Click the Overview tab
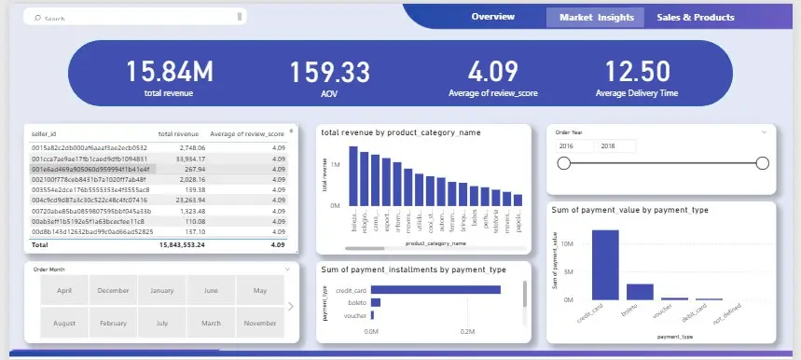point(492,17)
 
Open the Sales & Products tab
point(695,17)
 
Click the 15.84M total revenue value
point(170,72)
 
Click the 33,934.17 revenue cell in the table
point(186,159)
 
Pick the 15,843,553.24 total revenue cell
point(182,244)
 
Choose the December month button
point(113,290)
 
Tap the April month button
point(64,290)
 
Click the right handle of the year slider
point(762,164)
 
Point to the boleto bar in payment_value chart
point(640,291)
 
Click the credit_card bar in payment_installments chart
point(435,290)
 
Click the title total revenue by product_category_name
point(400,133)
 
